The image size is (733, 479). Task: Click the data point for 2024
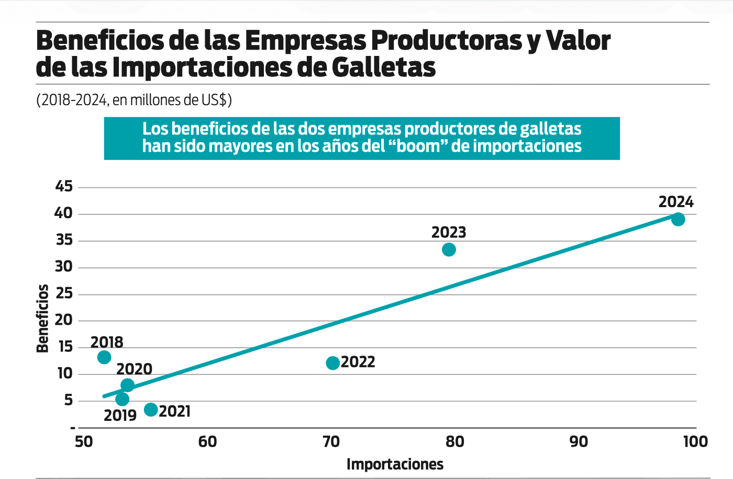tap(678, 219)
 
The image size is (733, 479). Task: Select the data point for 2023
tap(449, 249)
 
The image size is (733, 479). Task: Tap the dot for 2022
tap(333, 363)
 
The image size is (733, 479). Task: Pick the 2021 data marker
tap(151, 409)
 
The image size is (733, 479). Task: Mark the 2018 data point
tap(104, 357)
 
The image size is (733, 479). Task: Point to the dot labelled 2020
tap(127, 385)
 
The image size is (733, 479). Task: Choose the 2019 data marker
tap(122, 400)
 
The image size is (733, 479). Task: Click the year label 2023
tap(449, 232)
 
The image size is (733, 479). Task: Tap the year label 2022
tap(358, 362)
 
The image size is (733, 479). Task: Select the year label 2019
tap(120, 416)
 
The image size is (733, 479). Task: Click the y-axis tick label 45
tap(64, 186)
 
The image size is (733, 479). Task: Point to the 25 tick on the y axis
tap(64, 293)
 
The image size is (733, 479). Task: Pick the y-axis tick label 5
tap(69, 401)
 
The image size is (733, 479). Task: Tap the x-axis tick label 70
tap(331, 442)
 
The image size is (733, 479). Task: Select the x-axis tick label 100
tap(695, 442)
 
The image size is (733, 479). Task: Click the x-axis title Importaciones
tap(395, 464)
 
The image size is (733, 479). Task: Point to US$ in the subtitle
tap(216, 99)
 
